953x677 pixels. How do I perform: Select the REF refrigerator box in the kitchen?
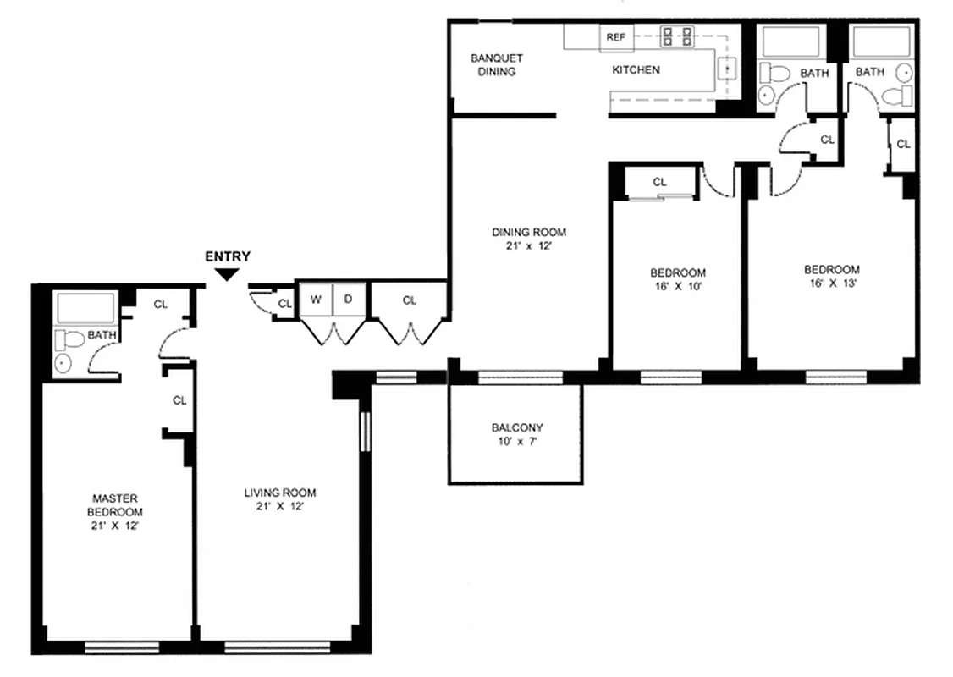pos(615,37)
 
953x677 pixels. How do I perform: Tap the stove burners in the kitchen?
pos(676,36)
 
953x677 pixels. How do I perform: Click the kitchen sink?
pos(725,69)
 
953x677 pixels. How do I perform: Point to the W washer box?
pos(315,300)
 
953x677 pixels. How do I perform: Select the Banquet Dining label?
pos(496,65)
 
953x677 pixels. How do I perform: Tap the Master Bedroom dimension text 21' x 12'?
pos(114,526)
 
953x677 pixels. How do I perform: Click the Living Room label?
pos(279,493)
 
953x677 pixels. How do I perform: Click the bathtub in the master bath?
pos(84,308)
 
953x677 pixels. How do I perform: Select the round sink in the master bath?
pos(63,365)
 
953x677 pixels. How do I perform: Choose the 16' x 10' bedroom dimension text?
pos(677,286)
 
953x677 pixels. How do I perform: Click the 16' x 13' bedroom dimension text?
pos(831,283)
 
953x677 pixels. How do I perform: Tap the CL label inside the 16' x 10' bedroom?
pos(659,182)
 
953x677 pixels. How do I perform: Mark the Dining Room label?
pos(529,232)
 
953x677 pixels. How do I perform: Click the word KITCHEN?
pos(636,69)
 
